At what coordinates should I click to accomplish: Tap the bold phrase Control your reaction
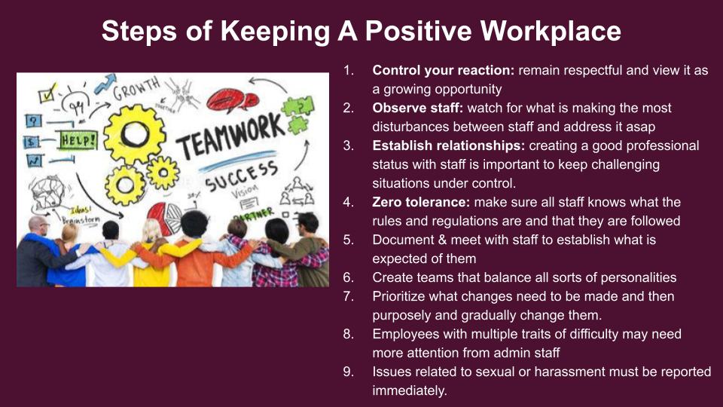point(443,71)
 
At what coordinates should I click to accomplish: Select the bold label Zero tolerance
point(421,202)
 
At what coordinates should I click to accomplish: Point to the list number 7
point(348,296)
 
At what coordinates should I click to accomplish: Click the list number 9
point(348,372)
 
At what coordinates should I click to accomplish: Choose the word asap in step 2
point(640,127)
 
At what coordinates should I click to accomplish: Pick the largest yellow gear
point(134,134)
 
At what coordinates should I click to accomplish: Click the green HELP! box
point(78,141)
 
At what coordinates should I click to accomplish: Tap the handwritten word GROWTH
point(136,89)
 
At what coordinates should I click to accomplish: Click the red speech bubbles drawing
point(232,100)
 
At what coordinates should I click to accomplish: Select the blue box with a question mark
point(33,121)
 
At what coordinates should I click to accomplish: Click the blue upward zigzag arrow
point(105,84)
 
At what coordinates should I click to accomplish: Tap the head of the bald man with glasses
point(38,226)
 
